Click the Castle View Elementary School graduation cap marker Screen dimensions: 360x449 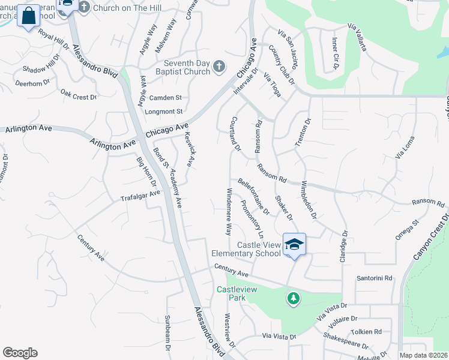coord(294,244)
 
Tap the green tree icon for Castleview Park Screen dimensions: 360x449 coord(293,298)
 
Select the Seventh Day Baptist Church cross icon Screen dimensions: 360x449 coord(219,67)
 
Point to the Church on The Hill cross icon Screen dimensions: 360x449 coord(83,7)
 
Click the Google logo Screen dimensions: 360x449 coord(20,353)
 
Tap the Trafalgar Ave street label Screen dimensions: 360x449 coord(140,196)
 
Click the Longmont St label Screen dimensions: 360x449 coord(163,112)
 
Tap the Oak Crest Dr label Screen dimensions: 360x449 coord(79,95)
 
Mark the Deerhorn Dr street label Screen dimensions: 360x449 coord(34,83)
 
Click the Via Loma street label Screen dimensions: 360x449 coord(405,147)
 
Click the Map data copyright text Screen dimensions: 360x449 coord(423,355)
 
